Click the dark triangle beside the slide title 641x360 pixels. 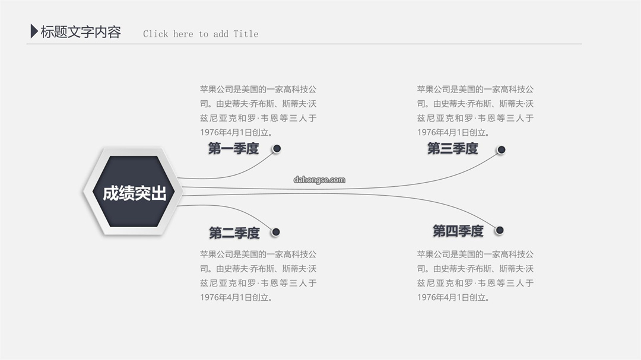click(34, 31)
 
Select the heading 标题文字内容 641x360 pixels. click(81, 32)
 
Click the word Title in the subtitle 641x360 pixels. click(246, 34)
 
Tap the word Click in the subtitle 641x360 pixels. click(156, 34)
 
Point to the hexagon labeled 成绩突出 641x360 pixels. click(134, 192)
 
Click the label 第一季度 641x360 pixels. click(233, 148)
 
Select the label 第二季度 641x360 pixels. click(234, 233)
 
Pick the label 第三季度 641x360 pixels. click(452, 148)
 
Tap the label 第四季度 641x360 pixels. click(458, 231)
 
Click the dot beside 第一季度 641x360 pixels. click(277, 149)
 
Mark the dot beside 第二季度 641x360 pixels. click(276, 232)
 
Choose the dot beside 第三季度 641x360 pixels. click(501, 150)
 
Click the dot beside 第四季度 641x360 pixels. click(499, 231)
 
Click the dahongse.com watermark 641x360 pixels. click(319, 180)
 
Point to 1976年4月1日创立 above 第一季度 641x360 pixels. click(234, 132)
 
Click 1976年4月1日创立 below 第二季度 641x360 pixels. click(234, 298)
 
